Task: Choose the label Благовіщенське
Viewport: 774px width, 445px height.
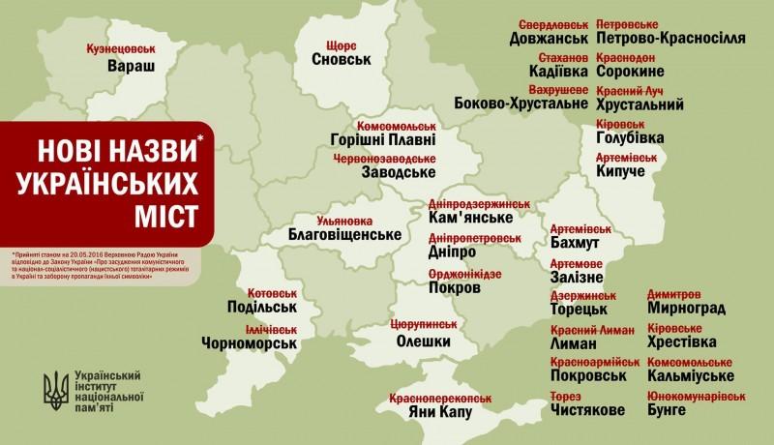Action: point(345,235)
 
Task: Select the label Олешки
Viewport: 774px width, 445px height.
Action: point(425,341)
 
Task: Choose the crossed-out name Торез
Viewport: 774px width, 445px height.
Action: point(573,397)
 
